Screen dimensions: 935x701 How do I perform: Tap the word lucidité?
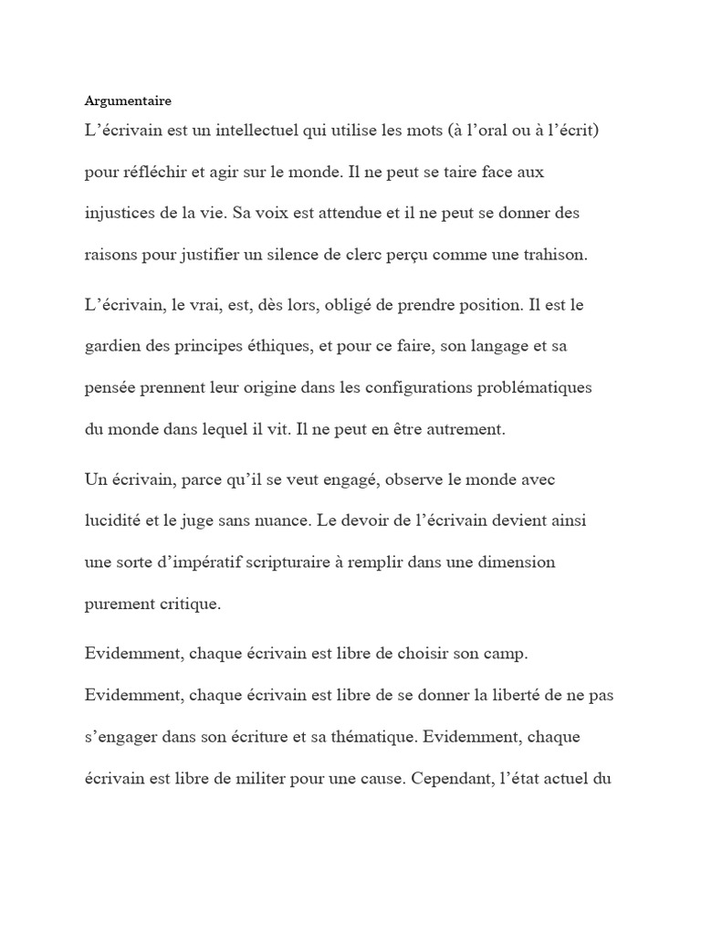click(x=113, y=520)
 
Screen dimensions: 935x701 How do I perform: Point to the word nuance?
click(x=305, y=520)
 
